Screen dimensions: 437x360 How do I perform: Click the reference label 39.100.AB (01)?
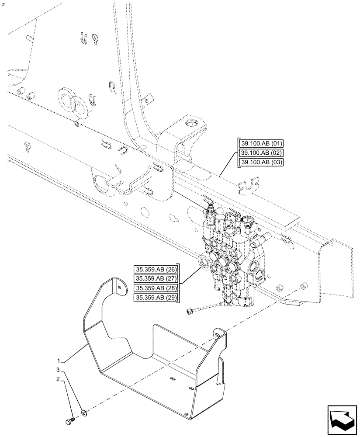[261, 143]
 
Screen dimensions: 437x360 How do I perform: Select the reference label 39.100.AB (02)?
[261, 153]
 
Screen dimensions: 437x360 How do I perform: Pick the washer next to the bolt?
[83, 412]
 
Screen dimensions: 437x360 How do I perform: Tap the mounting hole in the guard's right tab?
[217, 335]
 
